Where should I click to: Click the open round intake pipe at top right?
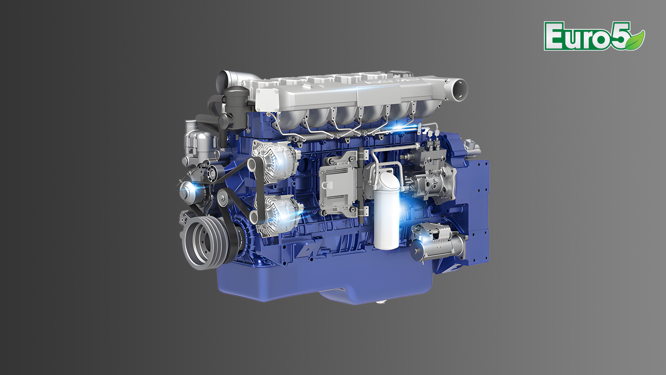coord(458,89)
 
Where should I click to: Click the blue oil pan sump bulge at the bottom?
coord(347,295)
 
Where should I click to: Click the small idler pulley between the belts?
coord(223,199)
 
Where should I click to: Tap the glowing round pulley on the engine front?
coord(189,189)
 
